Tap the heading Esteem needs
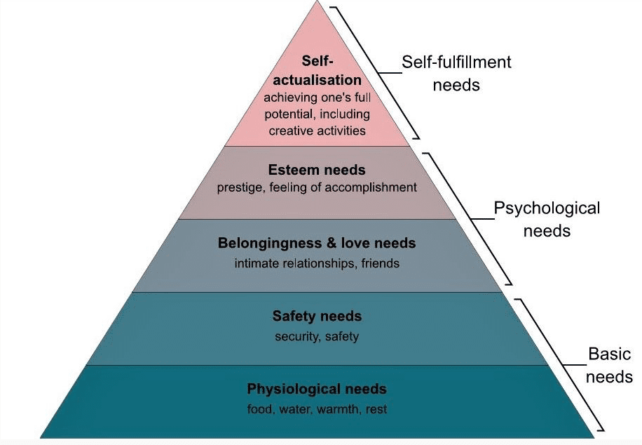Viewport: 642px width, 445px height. (317, 170)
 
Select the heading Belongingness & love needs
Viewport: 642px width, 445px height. (317, 244)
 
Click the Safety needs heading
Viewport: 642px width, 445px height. (317, 316)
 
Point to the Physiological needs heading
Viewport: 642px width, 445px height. (317, 389)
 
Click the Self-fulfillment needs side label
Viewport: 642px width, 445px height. (456, 73)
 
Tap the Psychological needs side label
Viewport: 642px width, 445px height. (546, 219)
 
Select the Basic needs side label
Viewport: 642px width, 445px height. (608, 365)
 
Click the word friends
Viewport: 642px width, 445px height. (382, 264)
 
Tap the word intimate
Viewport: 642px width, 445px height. (255, 264)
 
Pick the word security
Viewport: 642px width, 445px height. (296, 336)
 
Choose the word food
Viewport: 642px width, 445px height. (260, 409)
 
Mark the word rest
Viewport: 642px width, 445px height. (376, 409)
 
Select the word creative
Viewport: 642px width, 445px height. (287, 131)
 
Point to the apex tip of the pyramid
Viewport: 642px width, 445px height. (317, 3)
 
